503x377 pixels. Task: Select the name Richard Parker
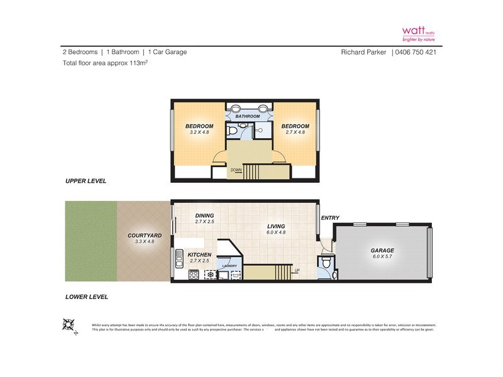364,52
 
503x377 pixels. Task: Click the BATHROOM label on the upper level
248,116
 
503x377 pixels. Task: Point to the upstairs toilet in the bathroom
233,131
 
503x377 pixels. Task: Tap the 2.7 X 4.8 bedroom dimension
296,133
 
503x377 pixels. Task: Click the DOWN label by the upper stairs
236,170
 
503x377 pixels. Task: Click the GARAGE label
382,250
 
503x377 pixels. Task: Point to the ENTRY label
329,218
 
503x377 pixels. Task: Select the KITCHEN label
199,254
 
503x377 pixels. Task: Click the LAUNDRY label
228,266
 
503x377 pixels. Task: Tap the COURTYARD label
141,235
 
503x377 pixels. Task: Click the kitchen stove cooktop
194,274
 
